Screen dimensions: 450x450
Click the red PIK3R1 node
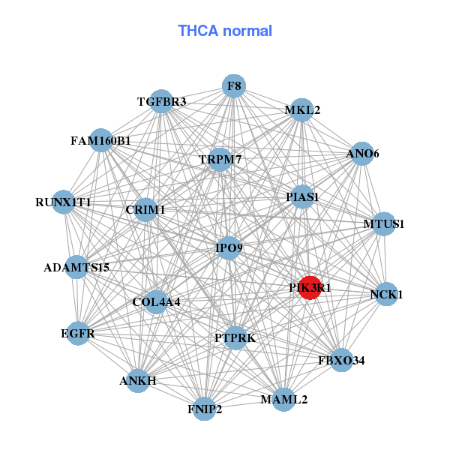(x=310, y=287)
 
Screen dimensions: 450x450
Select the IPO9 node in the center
(x=229, y=247)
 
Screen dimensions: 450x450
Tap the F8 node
(x=234, y=86)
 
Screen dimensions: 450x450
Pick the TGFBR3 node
(x=161, y=101)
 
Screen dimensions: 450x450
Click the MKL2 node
(x=302, y=110)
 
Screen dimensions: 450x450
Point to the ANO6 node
(x=362, y=154)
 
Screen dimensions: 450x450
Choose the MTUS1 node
(x=384, y=223)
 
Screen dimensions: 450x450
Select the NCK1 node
(x=386, y=294)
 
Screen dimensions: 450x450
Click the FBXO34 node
(x=341, y=361)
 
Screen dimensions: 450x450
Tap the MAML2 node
(x=284, y=399)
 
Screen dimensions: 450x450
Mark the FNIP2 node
(x=205, y=409)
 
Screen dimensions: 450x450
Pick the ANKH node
(x=138, y=381)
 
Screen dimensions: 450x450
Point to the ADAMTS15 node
(x=76, y=267)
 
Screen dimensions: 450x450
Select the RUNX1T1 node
(x=63, y=202)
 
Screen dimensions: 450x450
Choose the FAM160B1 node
(x=100, y=140)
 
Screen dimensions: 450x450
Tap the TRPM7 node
(x=219, y=160)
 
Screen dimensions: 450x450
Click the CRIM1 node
(x=145, y=210)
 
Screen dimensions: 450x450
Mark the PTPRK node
(x=235, y=338)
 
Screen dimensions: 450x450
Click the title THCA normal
(x=225, y=31)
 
